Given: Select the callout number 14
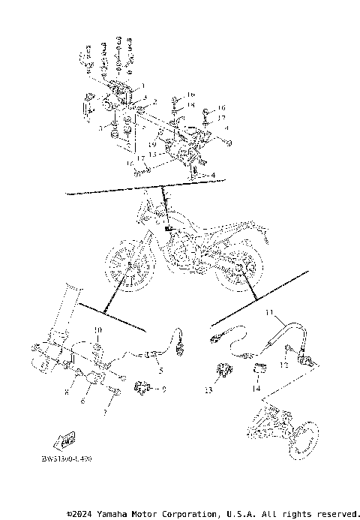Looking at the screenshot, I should pyautogui.click(x=256, y=390).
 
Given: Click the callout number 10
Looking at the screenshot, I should pyautogui.click(x=96, y=330).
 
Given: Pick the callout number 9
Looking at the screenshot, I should pyautogui.click(x=163, y=389).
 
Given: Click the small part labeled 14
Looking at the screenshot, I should pyautogui.click(x=259, y=368).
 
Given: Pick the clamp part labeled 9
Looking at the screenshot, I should pyautogui.click(x=141, y=387).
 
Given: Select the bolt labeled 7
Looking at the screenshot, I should pyautogui.click(x=116, y=392).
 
